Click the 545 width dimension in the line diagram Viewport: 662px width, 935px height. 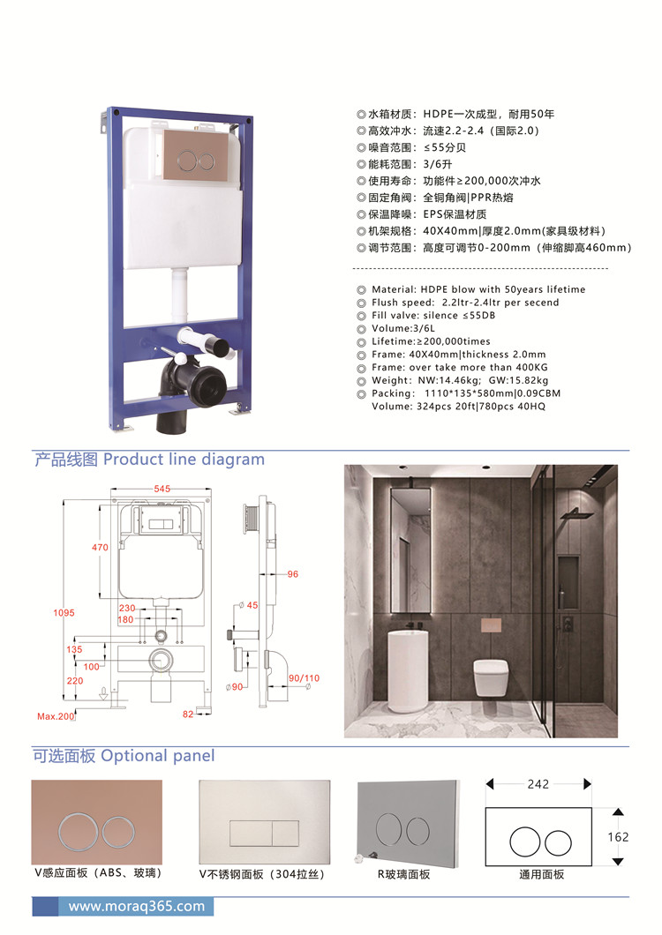162,489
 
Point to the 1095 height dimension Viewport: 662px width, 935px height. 64,612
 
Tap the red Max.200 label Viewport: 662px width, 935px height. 56,716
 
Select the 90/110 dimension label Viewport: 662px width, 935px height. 304,678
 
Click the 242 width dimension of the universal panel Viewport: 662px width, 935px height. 538,784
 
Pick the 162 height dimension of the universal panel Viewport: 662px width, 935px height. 618,837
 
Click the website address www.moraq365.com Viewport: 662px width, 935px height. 137,907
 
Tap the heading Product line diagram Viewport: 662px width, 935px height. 184,460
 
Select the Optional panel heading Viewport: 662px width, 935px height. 158,756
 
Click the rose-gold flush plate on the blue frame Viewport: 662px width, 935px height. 196,154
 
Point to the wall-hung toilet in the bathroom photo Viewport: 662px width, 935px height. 491,677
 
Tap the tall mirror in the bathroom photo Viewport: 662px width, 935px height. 410,550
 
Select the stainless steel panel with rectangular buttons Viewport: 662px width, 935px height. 265,821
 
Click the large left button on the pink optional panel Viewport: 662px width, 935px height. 79,831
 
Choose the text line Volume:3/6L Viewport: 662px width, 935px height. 402,328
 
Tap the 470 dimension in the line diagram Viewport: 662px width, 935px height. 100,547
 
